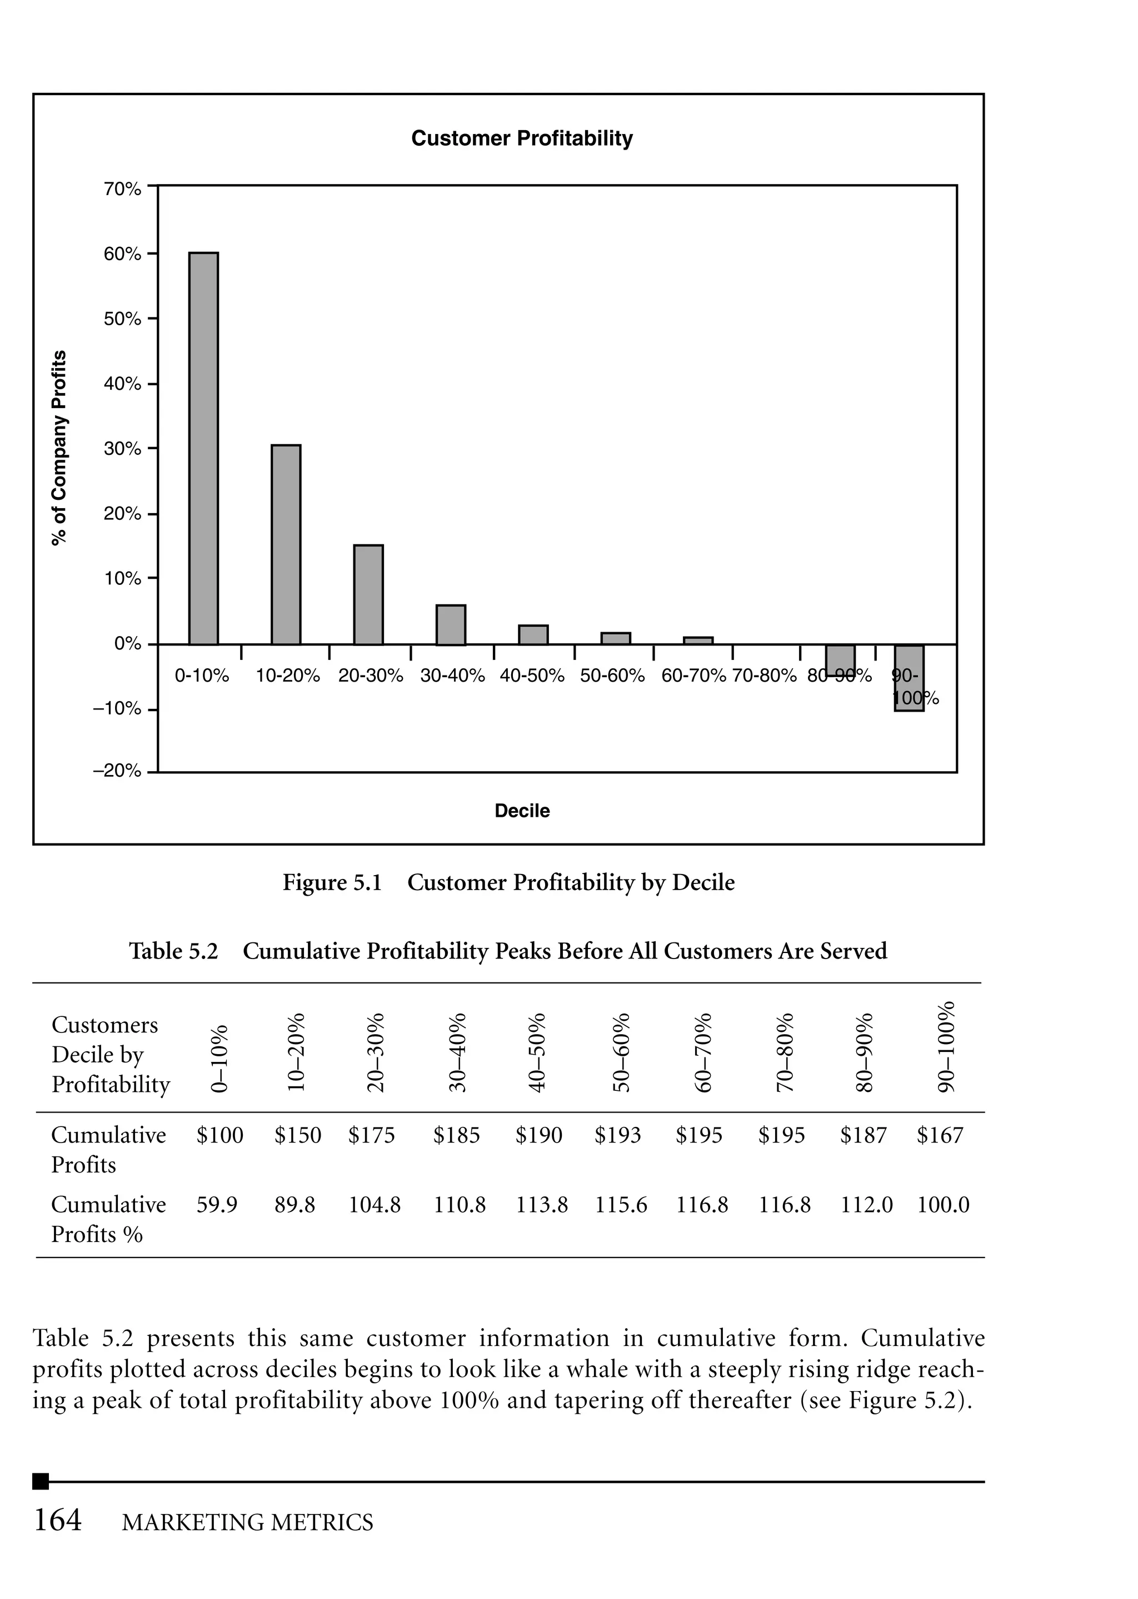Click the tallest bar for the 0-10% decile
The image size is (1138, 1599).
(203, 449)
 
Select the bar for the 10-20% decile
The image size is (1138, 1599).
(286, 545)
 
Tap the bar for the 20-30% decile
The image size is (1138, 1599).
(368, 594)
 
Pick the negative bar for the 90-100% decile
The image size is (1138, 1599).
(909, 678)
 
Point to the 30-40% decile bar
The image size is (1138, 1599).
(451, 624)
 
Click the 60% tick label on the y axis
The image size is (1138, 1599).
(123, 254)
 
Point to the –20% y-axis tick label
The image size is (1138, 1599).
(117, 772)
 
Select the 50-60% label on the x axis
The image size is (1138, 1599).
(612, 676)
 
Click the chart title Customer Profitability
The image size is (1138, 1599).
(522, 138)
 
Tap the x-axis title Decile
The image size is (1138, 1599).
(522, 811)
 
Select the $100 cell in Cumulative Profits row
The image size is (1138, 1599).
(220, 1135)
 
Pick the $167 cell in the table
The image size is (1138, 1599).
(940, 1135)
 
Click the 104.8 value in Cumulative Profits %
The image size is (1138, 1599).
(375, 1205)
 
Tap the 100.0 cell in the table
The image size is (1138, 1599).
(943, 1205)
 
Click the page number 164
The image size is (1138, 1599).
(58, 1521)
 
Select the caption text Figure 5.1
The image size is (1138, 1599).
(332, 882)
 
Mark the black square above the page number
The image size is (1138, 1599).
(41, 1481)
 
